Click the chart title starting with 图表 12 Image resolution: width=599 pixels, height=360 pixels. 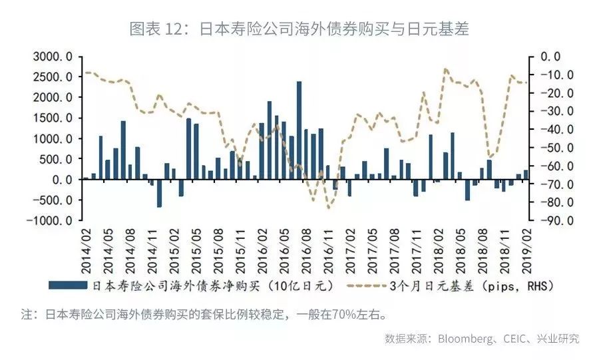click(299, 27)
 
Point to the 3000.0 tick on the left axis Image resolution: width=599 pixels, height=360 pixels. click(53, 57)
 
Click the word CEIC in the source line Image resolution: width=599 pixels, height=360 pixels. click(519, 338)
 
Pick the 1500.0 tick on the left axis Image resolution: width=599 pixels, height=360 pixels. click(53, 118)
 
